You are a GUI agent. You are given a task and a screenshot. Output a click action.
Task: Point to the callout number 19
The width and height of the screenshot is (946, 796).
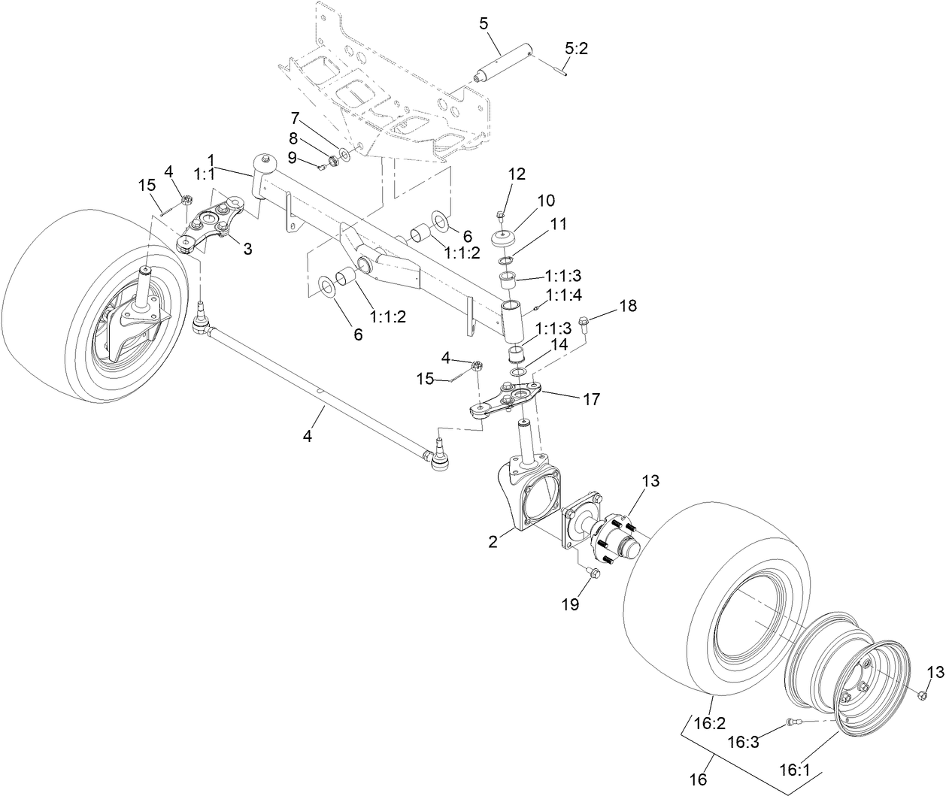[571, 603]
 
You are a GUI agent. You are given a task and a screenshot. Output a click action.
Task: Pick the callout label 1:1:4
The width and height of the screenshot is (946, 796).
[563, 295]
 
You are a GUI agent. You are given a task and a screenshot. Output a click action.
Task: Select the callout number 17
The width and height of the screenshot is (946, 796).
[591, 399]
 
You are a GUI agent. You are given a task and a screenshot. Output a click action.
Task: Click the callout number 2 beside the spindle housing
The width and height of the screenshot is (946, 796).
[493, 541]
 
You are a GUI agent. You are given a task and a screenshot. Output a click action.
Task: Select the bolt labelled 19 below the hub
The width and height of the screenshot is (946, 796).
[592, 574]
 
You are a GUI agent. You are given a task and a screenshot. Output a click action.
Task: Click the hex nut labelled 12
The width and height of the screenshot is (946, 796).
[501, 216]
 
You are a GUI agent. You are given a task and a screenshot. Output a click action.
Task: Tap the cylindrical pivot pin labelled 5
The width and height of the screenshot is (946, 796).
[505, 64]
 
